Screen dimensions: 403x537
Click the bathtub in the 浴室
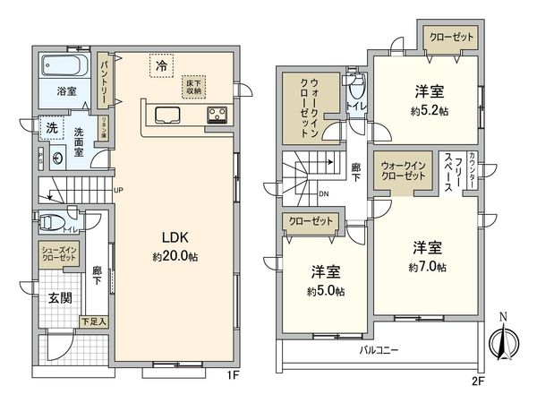(x=62, y=67)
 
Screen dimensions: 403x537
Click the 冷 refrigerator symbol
(x=161, y=65)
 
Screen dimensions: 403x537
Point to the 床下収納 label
(x=196, y=85)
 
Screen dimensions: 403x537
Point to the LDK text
(x=174, y=237)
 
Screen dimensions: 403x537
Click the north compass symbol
(x=503, y=341)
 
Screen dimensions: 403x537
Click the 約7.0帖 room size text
(x=427, y=268)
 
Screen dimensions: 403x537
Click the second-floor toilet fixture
(x=357, y=90)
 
